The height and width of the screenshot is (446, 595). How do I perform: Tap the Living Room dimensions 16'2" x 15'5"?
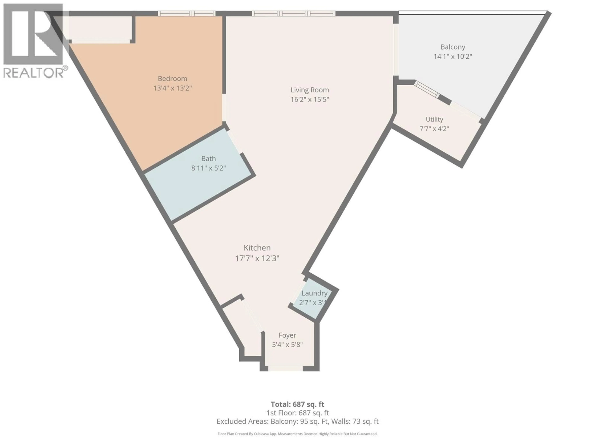coord(310,99)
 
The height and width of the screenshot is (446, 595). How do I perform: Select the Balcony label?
coord(453,47)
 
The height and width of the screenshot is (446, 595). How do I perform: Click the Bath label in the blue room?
coord(208,159)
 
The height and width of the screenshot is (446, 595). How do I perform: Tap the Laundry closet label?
coord(314,293)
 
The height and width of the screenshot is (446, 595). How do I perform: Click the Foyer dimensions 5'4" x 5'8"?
coord(287,345)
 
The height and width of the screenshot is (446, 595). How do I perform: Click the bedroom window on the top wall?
coord(186,13)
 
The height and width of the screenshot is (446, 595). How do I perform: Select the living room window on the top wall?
coord(293,13)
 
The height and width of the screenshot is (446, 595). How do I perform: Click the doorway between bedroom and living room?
coord(224,107)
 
